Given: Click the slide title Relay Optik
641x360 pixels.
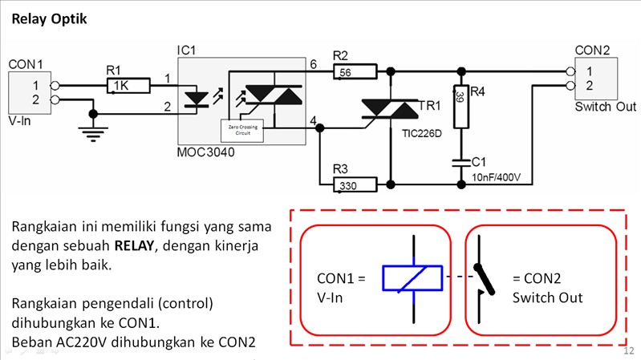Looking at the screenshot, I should tap(49, 17).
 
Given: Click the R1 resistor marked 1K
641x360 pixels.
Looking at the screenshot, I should tap(128, 85).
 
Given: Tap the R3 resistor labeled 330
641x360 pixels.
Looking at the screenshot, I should tap(354, 186).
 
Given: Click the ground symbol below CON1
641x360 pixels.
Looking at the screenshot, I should tap(94, 132).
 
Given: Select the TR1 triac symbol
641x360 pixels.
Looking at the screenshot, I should tap(390, 110).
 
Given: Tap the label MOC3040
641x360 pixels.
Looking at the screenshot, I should tap(206, 152).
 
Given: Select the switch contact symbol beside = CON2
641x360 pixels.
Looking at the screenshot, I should tap(484, 278).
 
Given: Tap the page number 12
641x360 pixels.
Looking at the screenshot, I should tap(627, 350).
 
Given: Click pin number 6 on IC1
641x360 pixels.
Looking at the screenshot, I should tap(313, 63).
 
